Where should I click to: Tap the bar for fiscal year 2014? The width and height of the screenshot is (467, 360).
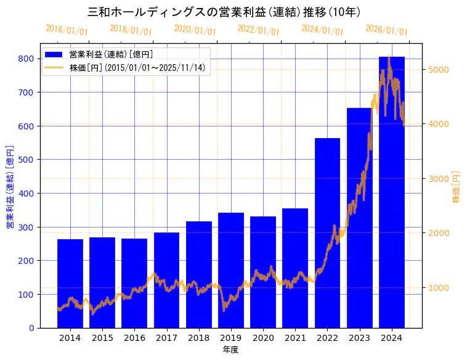click(70, 284)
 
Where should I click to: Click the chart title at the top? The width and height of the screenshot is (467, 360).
click(224, 12)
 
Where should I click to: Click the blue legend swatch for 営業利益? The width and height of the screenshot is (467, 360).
click(54, 54)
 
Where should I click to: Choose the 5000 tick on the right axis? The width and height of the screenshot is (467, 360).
click(439, 70)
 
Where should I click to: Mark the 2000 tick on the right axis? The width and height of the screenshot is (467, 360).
click(439, 233)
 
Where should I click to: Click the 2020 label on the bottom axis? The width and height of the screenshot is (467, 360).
click(263, 338)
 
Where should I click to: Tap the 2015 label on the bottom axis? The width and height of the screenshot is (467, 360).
click(102, 338)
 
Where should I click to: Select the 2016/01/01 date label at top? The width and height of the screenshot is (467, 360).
click(67, 30)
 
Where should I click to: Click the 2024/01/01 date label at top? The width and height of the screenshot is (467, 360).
click(322, 30)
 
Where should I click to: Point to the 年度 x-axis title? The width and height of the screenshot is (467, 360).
click(230, 350)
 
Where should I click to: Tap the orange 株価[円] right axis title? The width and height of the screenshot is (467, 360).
click(457, 187)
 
